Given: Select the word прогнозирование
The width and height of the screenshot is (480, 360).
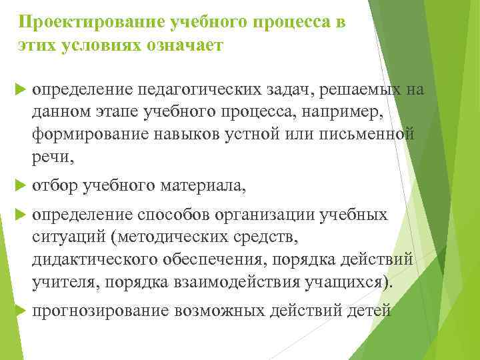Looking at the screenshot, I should pyautogui.click(x=101, y=311).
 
